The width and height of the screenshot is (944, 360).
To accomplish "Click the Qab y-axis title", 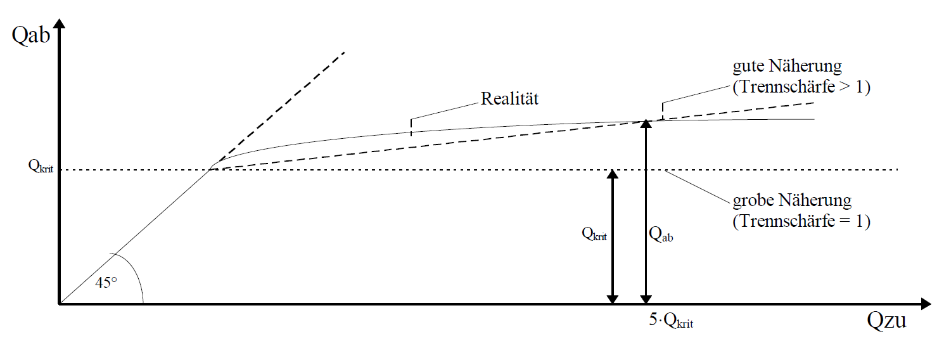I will [30, 35].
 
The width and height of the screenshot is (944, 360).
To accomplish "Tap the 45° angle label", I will [106, 283].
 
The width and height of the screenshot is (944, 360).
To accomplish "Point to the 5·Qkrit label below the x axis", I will [671, 321].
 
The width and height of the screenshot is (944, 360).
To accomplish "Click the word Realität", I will [509, 99].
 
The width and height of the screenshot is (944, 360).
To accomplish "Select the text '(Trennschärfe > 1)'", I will [801, 87].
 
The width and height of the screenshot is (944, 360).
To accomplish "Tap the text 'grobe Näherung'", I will [792, 202].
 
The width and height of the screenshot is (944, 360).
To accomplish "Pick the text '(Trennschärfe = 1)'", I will [801, 222].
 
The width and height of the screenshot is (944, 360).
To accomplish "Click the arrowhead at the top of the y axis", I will [59, 24].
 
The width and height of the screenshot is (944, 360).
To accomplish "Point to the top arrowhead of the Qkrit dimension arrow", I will [612, 174].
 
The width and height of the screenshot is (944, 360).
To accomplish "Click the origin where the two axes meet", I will [59, 304].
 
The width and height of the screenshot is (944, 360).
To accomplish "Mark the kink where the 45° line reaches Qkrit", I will [211, 169].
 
